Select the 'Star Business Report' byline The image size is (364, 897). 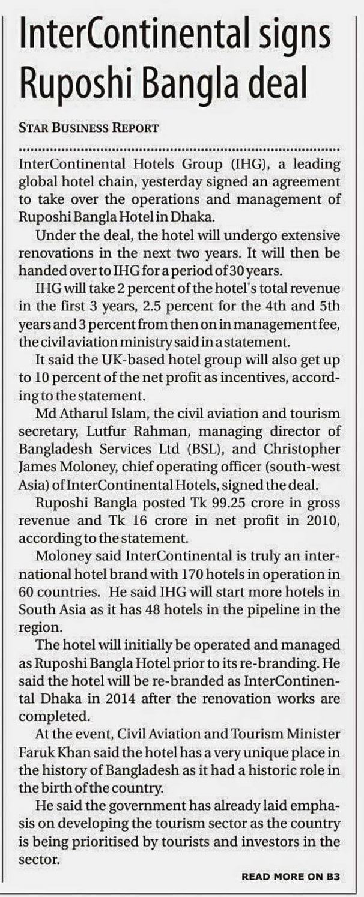click(89, 128)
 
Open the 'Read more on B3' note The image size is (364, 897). click(291, 877)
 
